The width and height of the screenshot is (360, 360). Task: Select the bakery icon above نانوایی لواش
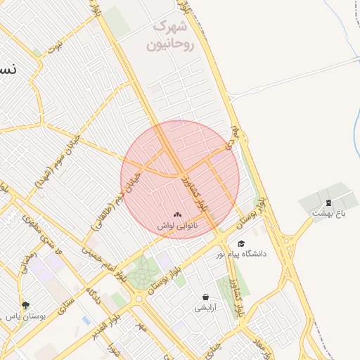[177, 214]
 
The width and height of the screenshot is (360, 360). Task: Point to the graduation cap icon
[241, 243]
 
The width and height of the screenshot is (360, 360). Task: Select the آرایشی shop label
[206, 308]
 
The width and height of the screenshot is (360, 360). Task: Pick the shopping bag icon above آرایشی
[205, 297]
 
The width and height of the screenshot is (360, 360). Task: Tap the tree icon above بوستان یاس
[26, 305]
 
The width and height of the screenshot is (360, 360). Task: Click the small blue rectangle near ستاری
[86, 321]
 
